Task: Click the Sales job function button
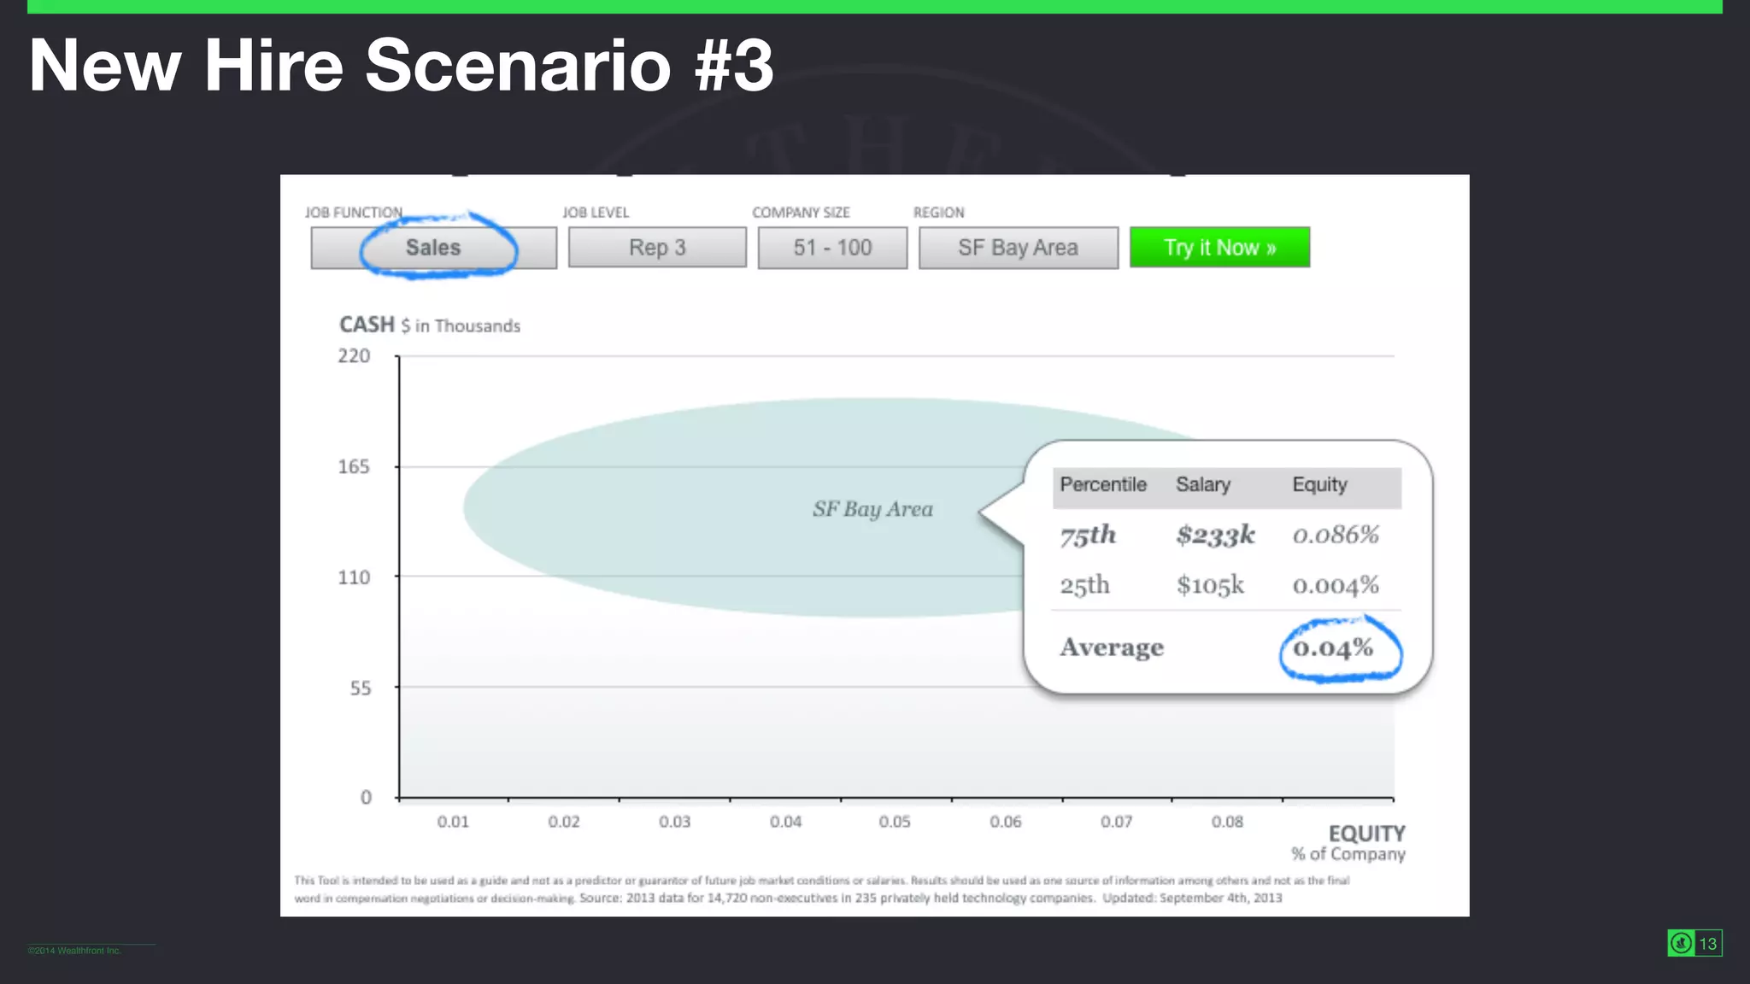433,248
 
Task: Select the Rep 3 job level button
657,248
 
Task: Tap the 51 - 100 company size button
832,248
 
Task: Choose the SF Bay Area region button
1018,248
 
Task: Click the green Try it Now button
1219,248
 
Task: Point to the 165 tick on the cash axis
354,467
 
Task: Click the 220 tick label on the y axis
354,356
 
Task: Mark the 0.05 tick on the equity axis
895,822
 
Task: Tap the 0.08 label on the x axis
1227,822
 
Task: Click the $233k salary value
1215,536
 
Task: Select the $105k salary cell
1210,586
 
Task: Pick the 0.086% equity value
1336,536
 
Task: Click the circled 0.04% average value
1333,648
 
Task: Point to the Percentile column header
1103,485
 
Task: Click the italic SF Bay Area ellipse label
872,509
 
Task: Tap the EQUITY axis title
1366,834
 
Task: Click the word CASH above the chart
367,325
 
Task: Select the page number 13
1707,944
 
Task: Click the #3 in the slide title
734,66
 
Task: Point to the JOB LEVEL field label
596,213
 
